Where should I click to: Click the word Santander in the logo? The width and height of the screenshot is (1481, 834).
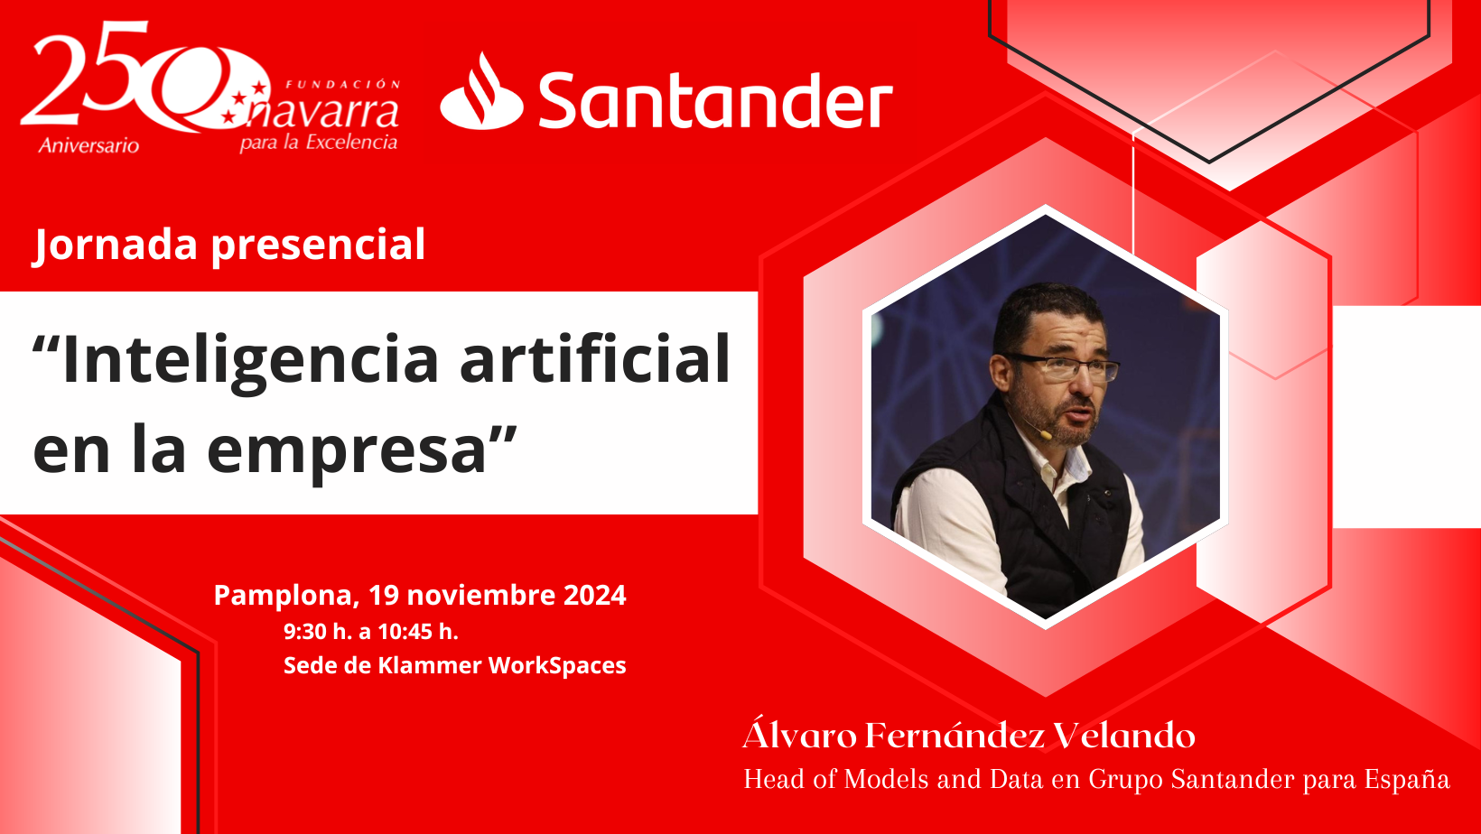(715, 100)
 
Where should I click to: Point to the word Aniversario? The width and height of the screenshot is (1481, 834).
(88, 145)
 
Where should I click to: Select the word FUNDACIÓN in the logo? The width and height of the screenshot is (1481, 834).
(343, 85)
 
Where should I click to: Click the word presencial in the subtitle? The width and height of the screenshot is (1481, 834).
(318, 246)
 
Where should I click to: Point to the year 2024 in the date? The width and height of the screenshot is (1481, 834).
(594, 595)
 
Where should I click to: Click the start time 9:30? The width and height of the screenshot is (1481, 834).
(305, 632)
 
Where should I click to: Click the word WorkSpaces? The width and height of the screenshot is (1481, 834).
(556, 665)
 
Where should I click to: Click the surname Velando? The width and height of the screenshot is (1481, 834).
(1123, 736)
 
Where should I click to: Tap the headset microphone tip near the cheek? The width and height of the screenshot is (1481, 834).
(1046, 435)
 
